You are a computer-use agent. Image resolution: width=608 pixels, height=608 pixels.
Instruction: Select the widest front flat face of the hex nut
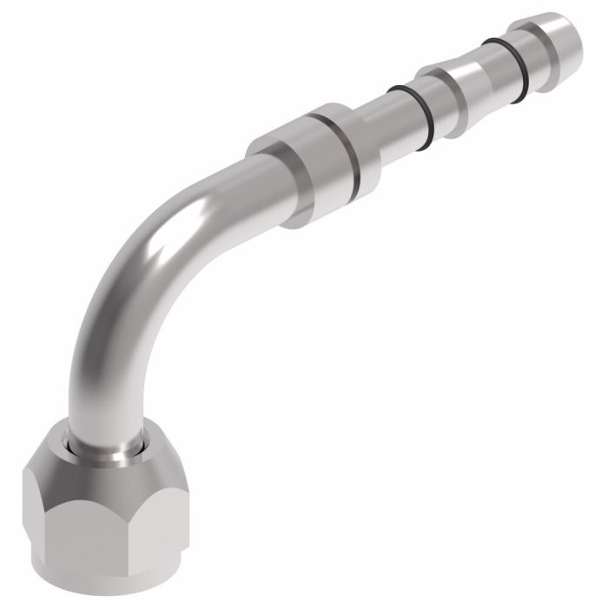tap(83, 530)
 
